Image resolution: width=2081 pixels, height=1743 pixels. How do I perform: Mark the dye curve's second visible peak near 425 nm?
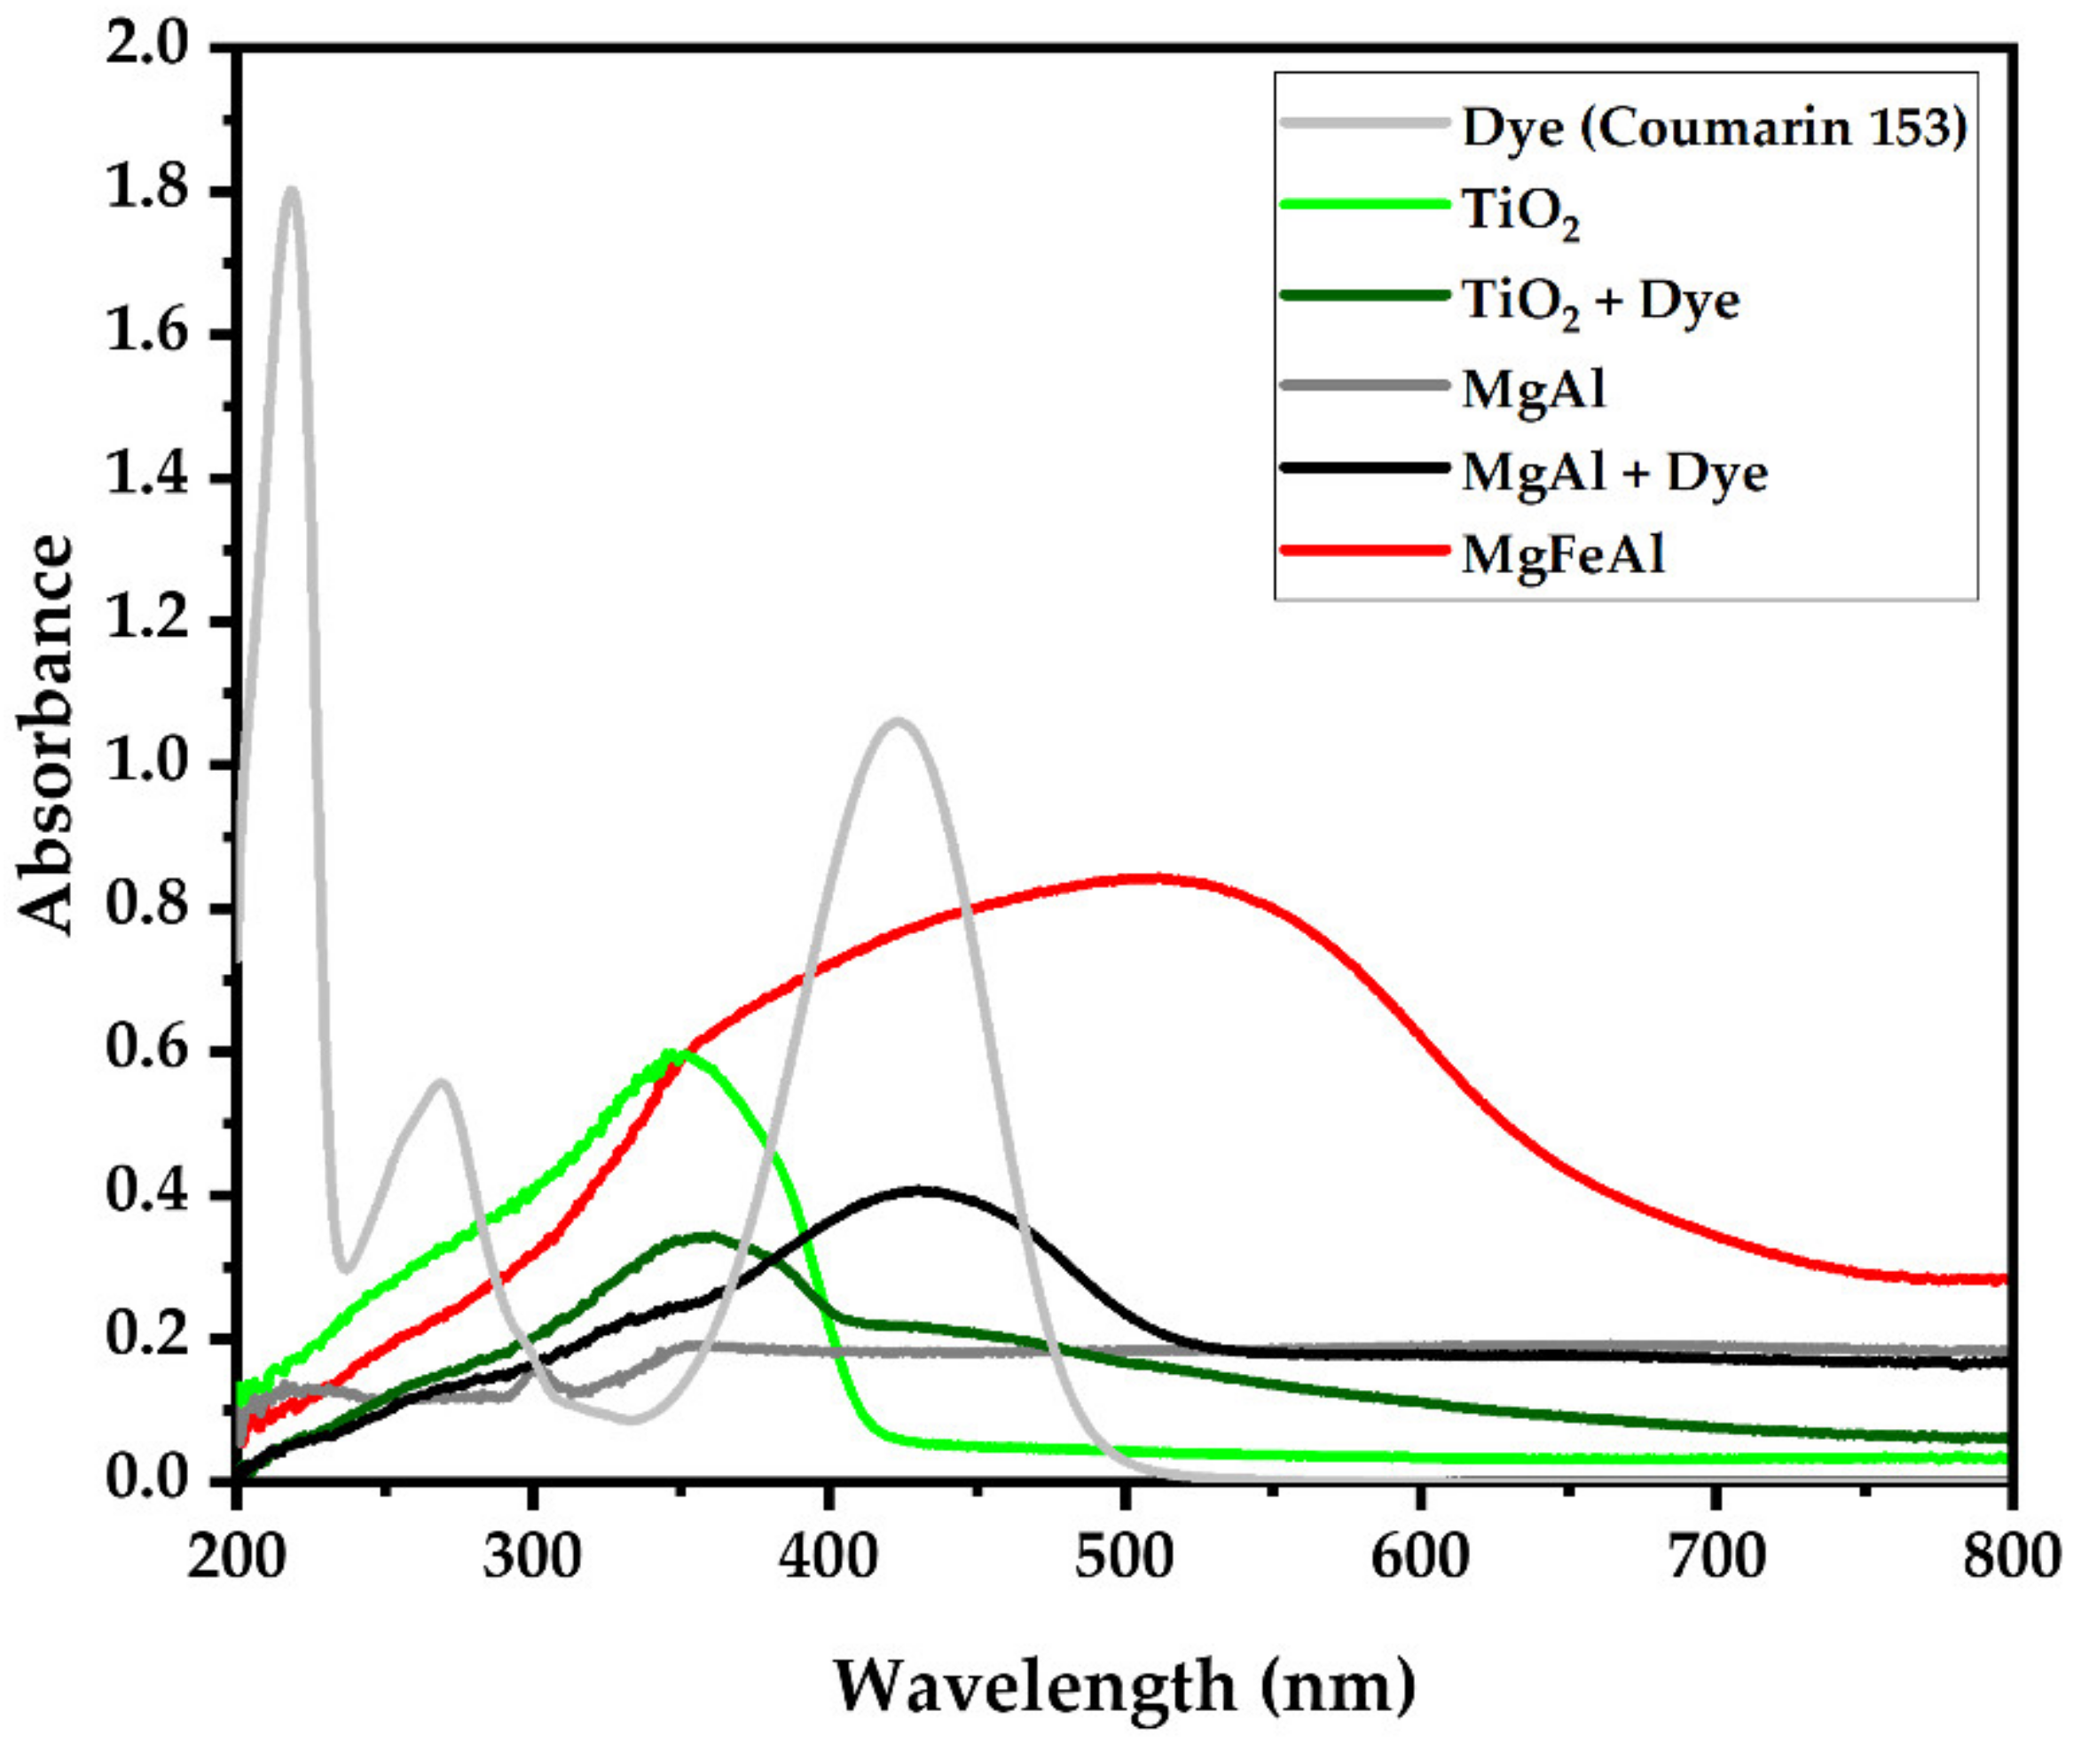pos(898,721)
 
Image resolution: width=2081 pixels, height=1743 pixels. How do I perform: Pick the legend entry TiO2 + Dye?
pos(1600,300)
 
